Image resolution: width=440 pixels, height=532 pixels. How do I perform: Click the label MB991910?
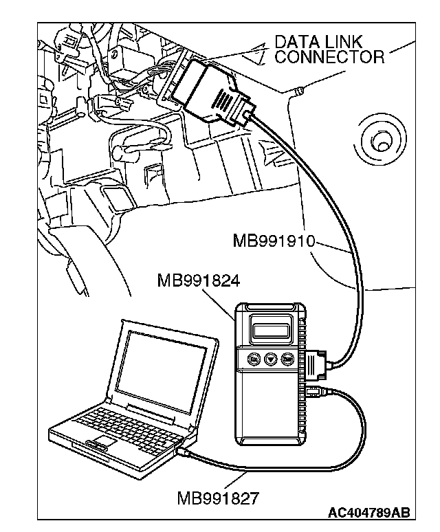(274, 241)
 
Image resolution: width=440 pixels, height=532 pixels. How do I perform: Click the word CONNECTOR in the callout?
(329, 56)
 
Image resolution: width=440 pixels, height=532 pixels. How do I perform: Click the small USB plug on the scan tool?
(313, 393)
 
